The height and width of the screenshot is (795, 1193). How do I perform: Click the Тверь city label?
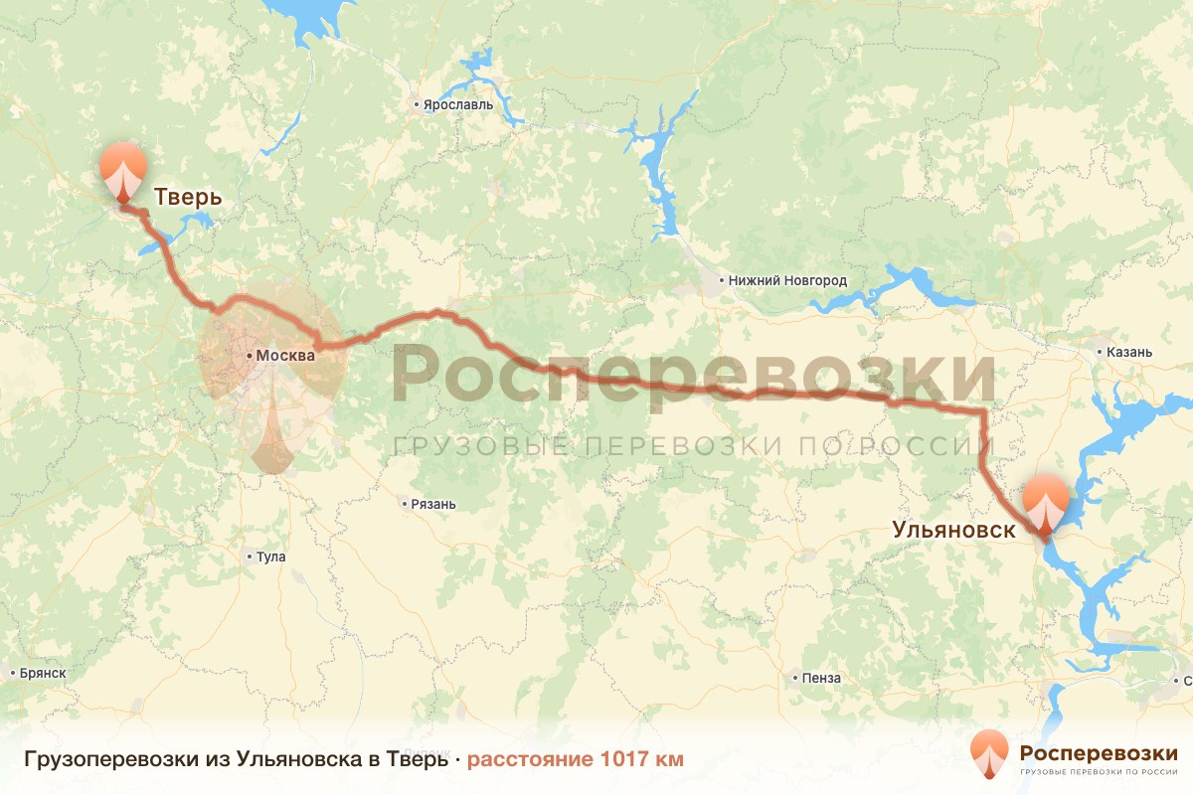pyautogui.click(x=187, y=198)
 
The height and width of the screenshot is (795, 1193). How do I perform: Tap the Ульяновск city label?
pyautogui.click(x=953, y=530)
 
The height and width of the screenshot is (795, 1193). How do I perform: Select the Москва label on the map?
pyautogui.click(x=285, y=356)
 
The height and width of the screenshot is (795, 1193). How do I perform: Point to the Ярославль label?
pyautogui.click(x=458, y=104)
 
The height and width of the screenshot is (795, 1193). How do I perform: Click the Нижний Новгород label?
pyautogui.click(x=787, y=281)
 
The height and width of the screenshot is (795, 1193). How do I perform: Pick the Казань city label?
pyautogui.click(x=1130, y=352)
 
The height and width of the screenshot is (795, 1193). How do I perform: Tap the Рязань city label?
pyautogui.click(x=433, y=504)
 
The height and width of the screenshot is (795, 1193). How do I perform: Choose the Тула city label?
pyautogui.click(x=270, y=556)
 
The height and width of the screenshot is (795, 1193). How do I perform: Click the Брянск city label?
pyautogui.click(x=43, y=673)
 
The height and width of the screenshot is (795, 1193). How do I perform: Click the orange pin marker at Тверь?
pyautogui.click(x=123, y=171)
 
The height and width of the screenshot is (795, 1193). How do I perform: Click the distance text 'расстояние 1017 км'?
pyautogui.click(x=576, y=759)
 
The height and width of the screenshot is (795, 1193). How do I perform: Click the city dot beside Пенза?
pyautogui.click(x=795, y=679)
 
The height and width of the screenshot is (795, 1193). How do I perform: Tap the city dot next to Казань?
pyautogui.click(x=1099, y=352)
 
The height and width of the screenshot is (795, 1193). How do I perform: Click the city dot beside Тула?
pyautogui.click(x=250, y=556)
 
